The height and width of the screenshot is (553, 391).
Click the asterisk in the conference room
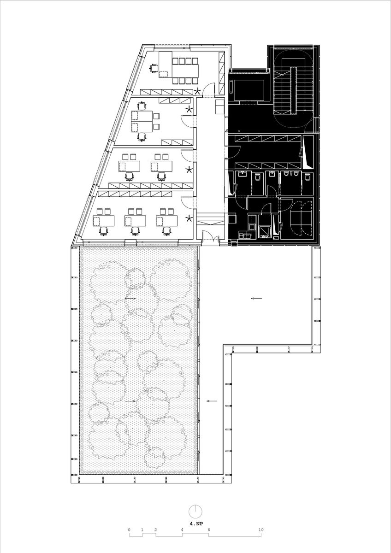197,91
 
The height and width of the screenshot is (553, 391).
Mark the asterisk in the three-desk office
189,218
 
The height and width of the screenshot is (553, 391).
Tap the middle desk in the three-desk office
135,221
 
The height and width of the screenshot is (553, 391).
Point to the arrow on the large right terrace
257,299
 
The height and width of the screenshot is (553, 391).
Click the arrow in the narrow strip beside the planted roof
212,401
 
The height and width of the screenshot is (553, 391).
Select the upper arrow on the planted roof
130,299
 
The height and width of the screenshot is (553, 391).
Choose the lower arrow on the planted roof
130,401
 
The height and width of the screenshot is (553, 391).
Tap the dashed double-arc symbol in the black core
302,218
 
